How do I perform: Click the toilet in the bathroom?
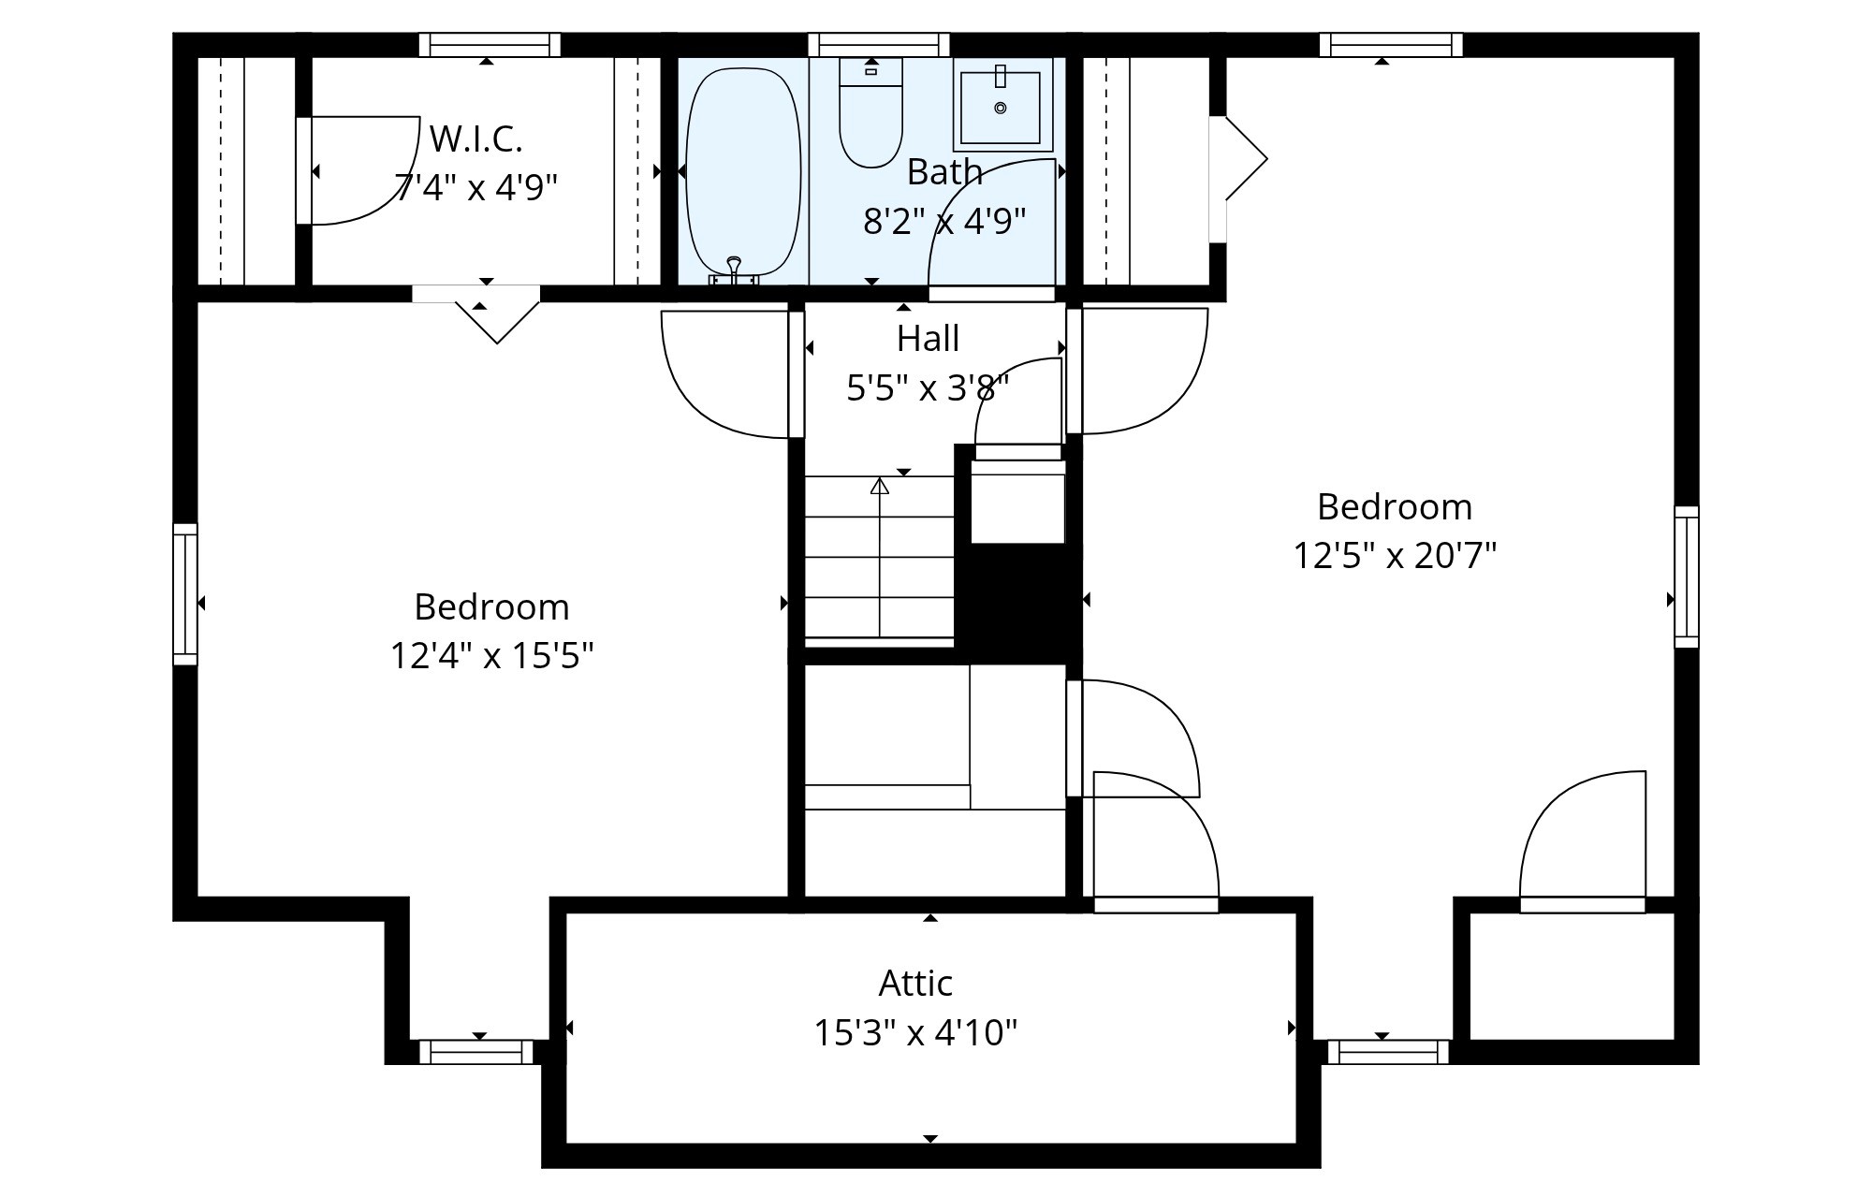tap(870, 112)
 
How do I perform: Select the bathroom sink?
tap(1002, 104)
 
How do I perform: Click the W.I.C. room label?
tap(475, 139)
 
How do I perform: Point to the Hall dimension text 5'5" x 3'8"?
tap(928, 387)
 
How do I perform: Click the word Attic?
tap(915, 983)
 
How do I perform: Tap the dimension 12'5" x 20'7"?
tap(1395, 555)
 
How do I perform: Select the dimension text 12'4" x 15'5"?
tap(491, 655)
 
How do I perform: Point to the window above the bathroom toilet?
tap(879, 45)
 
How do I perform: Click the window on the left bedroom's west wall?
tap(185, 594)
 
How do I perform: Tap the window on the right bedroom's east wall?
tap(1687, 577)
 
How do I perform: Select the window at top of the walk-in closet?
tap(490, 45)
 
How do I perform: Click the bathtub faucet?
tap(734, 270)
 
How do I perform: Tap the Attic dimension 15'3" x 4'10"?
tap(915, 1033)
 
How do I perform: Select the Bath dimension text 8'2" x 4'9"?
tap(944, 221)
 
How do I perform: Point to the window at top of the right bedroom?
tap(1391, 45)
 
